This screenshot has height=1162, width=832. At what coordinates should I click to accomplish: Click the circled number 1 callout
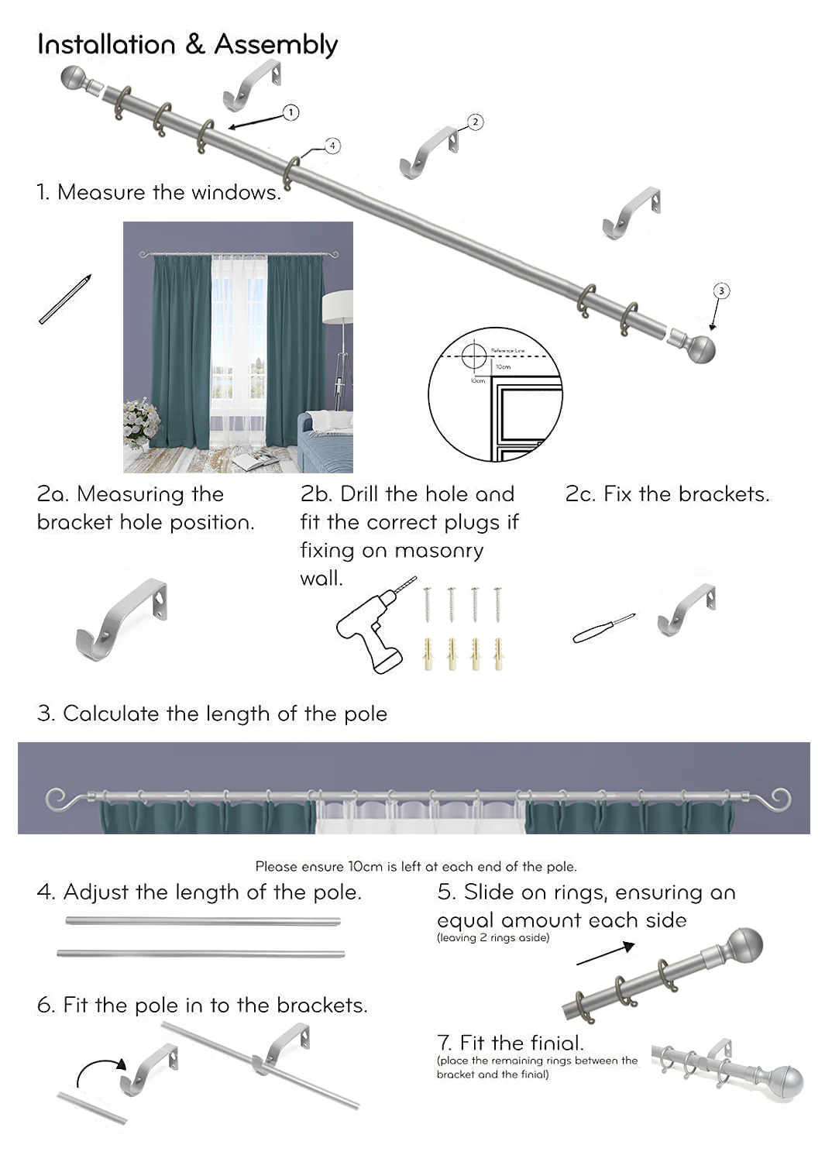291,112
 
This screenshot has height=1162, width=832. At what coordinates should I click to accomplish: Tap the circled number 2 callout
475,122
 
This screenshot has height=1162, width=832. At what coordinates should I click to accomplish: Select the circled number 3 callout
721,290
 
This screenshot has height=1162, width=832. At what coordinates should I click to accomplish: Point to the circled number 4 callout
332,146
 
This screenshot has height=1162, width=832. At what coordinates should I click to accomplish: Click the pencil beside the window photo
65,299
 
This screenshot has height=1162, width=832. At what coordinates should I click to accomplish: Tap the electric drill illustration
370,631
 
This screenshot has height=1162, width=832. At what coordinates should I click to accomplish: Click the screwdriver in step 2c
603,628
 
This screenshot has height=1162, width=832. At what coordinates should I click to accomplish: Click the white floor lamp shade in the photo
338,307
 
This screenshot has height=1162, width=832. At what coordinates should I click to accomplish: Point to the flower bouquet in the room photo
140,421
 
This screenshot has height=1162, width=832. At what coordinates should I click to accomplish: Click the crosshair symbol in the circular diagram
473,356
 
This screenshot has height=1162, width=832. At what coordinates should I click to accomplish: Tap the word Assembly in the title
276,45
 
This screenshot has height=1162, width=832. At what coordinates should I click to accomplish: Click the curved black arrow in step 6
99,1069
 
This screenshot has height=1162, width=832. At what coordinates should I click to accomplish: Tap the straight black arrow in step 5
606,954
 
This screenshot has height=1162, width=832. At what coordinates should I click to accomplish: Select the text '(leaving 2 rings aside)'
493,937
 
